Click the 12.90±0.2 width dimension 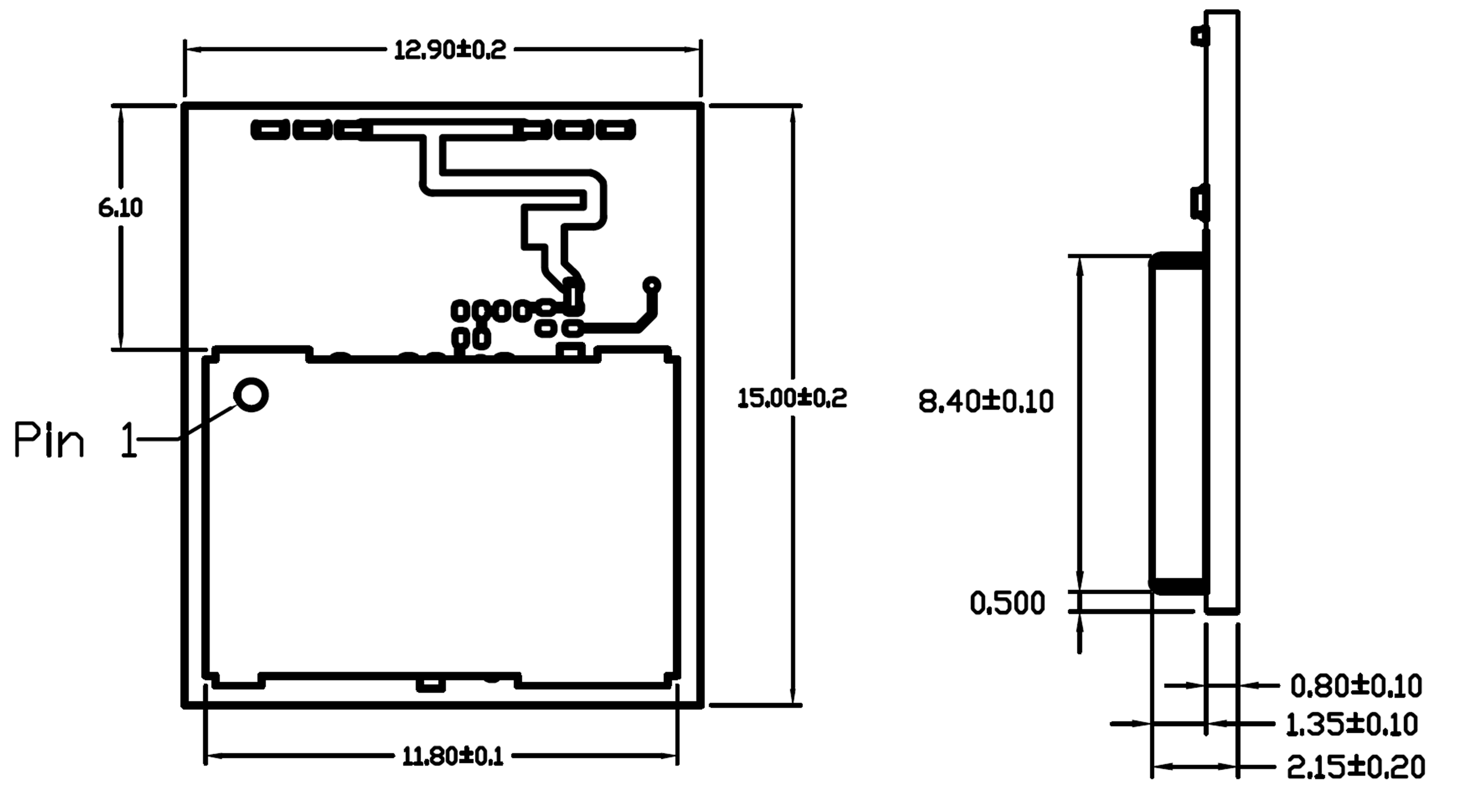pos(450,50)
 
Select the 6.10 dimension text pos(120,208)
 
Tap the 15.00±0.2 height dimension pos(792,398)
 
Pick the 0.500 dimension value pos(1007,603)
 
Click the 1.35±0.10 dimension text pos(1352,725)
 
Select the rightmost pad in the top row pos(615,130)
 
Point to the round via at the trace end pos(651,285)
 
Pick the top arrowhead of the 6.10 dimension pos(120,114)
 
